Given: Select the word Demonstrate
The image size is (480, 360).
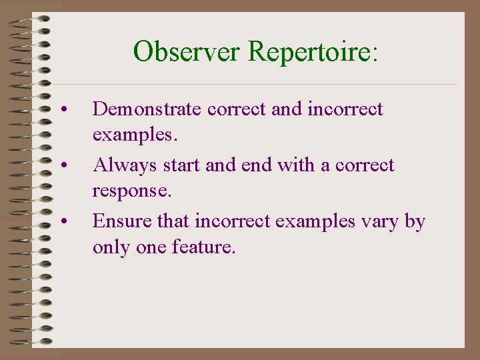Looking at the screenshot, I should click(x=147, y=109).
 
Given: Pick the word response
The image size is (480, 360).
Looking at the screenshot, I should click(x=131, y=192).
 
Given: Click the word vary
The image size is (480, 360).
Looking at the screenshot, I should click(x=380, y=221).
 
